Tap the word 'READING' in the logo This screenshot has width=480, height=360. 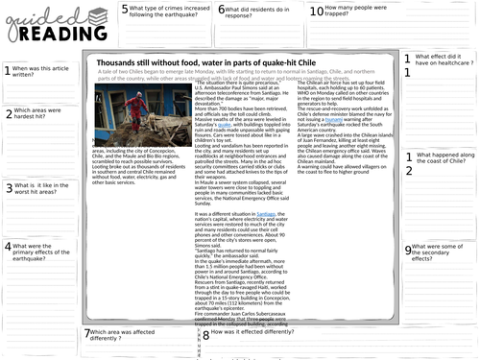pyautogui.click(x=38, y=34)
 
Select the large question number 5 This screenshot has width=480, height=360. pyautogui.click(x=125, y=12)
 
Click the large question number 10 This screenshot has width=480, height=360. pyautogui.click(x=317, y=12)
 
